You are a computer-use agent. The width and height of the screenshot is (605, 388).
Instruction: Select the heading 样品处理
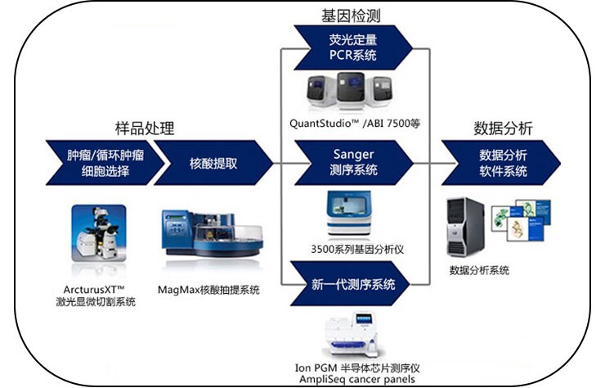(144, 129)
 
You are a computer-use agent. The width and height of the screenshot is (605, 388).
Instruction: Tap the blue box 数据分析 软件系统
(503, 162)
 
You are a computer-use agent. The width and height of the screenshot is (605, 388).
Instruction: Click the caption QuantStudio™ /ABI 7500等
(354, 124)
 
